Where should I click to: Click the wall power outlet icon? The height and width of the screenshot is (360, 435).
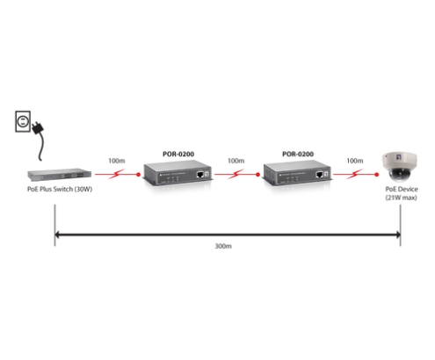[23, 121]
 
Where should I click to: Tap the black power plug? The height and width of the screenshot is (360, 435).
[38, 128]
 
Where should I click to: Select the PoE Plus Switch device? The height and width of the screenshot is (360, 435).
[60, 175]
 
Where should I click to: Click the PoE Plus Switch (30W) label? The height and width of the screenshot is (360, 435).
[60, 189]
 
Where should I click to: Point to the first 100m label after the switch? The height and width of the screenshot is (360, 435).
[117, 161]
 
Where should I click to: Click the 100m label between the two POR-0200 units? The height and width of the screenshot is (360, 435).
[236, 161]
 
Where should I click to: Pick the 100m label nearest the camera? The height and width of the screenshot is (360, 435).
[355, 161]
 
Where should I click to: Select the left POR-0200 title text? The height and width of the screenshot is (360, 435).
[178, 154]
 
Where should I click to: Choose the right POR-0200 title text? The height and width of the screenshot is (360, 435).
[298, 154]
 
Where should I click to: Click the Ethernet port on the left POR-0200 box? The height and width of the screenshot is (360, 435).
[200, 174]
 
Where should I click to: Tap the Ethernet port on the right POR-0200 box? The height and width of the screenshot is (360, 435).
[319, 175]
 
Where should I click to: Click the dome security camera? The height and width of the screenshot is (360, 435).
[399, 167]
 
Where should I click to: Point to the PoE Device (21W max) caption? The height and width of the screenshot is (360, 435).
[402, 193]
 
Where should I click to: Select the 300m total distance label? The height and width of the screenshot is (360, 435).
[223, 246]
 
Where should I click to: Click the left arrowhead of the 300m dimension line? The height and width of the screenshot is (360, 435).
[57, 234]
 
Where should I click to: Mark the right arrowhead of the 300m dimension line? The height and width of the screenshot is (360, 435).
[398, 234]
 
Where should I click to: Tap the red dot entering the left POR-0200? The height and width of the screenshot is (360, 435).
[138, 175]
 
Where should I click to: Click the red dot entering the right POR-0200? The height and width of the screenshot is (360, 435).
[257, 175]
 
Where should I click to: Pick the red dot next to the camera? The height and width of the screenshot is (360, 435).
[377, 175]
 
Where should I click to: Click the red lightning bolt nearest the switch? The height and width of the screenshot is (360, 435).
[117, 174]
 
